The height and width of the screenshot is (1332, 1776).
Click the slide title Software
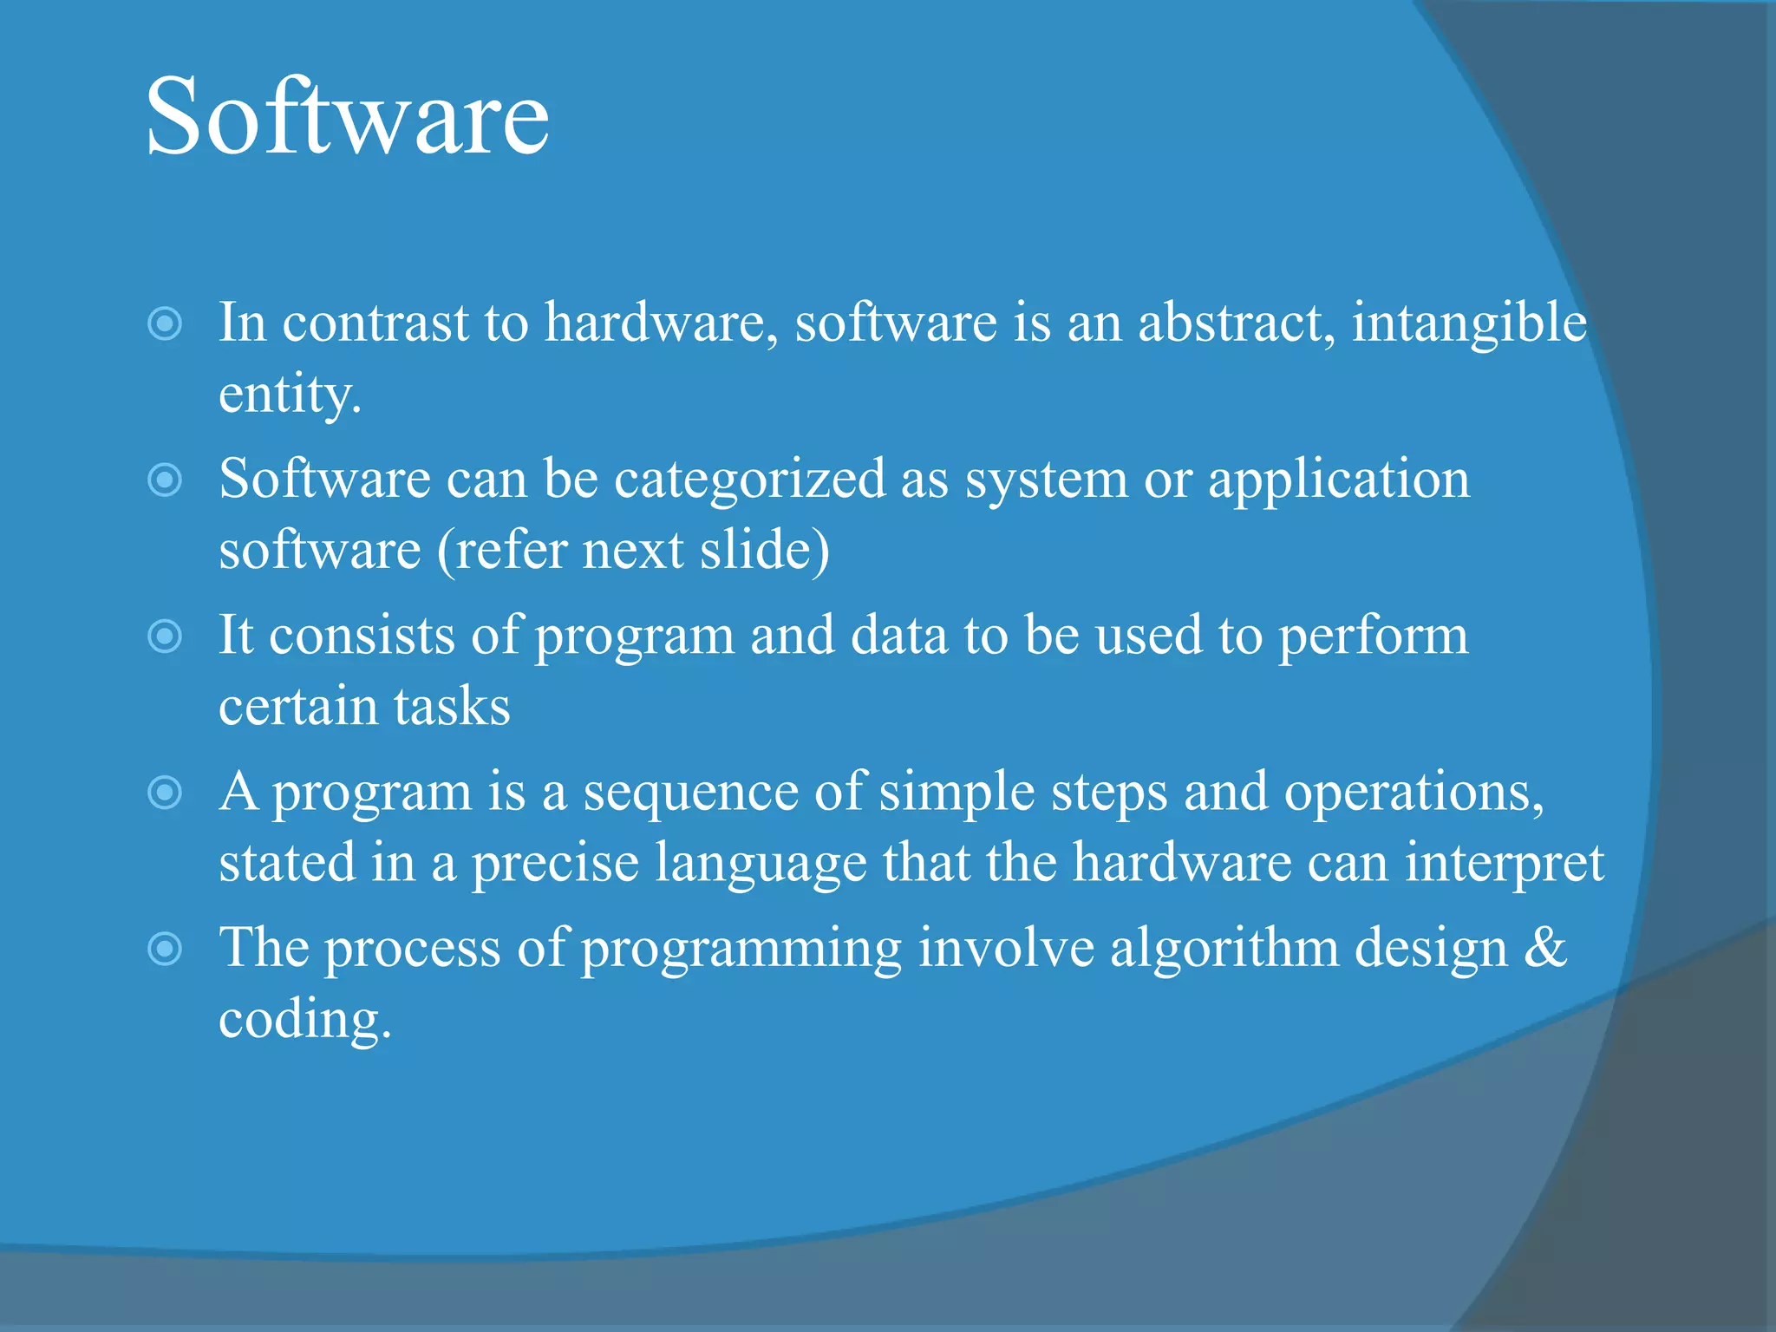pyautogui.click(x=347, y=116)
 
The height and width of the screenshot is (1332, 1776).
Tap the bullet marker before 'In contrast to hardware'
pyautogui.click(x=165, y=323)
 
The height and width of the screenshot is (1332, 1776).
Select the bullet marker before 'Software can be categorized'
pyautogui.click(x=165, y=480)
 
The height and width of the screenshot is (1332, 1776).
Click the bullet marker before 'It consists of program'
pyautogui.click(x=165, y=637)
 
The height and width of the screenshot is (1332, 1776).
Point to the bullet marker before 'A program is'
pyautogui.click(x=165, y=792)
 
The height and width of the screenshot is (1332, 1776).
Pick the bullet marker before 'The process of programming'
pyautogui.click(x=165, y=949)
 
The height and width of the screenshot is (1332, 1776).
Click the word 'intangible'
pyautogui.click(x=1469, y=323)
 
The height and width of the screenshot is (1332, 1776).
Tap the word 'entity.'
pyautogui.click(x=290, y=395)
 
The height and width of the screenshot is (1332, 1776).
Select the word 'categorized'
pyautogui.click(x=749, y=480)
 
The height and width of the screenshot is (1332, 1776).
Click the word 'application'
pyautogui.click(x=1339, y=480)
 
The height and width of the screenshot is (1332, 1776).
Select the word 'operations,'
pyautogui.click(x=1414, y=793)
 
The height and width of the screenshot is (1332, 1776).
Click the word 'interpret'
pyautogui.click(x=1505, y=864)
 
